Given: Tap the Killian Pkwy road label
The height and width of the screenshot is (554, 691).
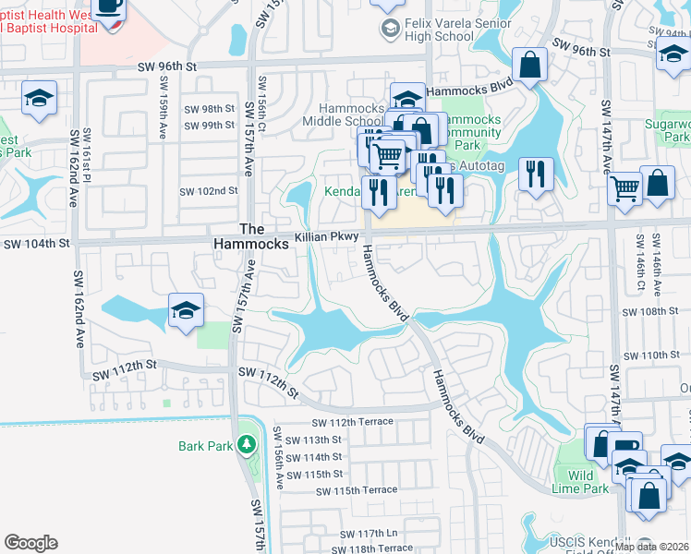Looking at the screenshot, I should pyautogui.click(x=326, y=237).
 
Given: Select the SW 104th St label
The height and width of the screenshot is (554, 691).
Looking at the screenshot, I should pyautogui.click(x=37, y=244).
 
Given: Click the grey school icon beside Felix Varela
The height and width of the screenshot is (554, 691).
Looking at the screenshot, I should pyautogui.click(x=389, y=27).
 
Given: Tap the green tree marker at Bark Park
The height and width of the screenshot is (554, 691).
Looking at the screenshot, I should pyautogui.click(x=246, y=446).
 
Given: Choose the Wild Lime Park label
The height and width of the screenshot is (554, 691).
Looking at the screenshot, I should pyautogui.click(x=580, y=482).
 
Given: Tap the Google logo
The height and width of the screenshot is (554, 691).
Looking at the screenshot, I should pyautogui.click(x=30, y=543).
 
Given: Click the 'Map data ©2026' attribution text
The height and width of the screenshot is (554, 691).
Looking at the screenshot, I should pyautogui.click(x=651, y=547).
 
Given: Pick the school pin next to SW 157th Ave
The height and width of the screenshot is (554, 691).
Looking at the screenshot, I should pyautogui.click(x=186, y=311).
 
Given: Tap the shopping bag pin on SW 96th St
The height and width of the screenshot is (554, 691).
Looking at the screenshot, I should pyautogui.click(x=530, y=66).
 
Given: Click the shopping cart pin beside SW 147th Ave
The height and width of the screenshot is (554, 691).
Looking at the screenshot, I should pyautogui.click(x=625, y=188).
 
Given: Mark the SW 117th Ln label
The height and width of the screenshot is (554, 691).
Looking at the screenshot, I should pyautogui.click(x=368, y=534).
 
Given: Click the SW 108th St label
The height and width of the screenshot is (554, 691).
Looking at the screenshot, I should pyautogui.click(x=650, y=312).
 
